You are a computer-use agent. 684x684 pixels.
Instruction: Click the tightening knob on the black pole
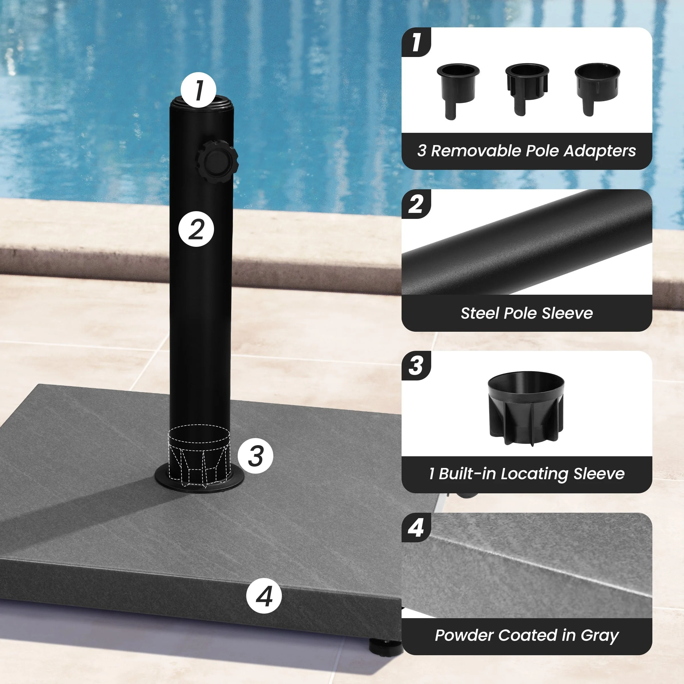pos(217,161)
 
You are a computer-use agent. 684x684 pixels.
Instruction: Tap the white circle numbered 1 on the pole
pos(198,90)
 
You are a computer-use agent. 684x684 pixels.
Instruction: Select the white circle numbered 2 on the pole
pos(196,229)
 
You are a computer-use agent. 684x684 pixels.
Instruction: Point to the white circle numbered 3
pos(255,456)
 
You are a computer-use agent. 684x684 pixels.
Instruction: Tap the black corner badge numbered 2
pos(416,204)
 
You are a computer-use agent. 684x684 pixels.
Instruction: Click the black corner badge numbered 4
pos(416,528)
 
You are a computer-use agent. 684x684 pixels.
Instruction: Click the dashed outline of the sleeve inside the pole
pos(199,456)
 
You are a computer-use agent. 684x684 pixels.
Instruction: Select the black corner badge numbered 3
pos(416,366)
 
